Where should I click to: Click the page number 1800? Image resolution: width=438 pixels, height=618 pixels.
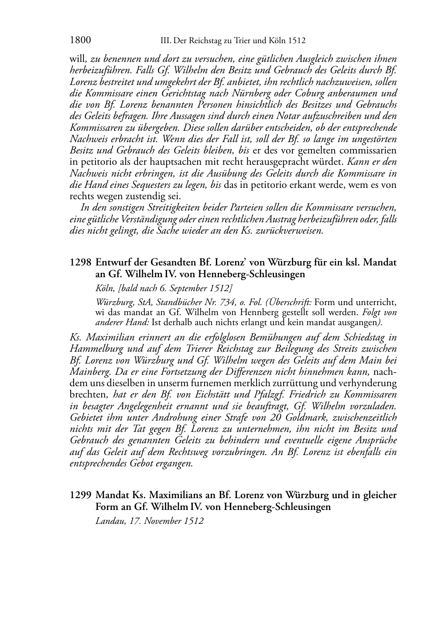(80, 41)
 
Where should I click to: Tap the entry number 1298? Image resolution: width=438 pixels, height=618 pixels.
(80, 263)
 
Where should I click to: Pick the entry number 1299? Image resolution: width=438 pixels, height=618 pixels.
(80, 496)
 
